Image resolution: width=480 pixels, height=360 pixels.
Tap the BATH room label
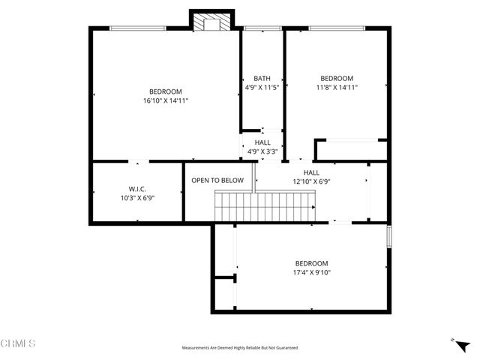coord(262,78)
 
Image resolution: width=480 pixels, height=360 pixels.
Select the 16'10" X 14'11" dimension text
coord(166,100)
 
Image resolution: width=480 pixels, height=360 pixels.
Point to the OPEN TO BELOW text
coord(217,181)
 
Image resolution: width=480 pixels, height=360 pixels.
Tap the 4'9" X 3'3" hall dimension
coord(262,151)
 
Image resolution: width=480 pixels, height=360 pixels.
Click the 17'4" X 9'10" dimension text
coord(311,272)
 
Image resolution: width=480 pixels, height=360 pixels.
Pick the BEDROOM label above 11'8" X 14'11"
coord(337,78)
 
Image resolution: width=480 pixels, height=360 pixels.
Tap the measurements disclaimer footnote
coord(240,348)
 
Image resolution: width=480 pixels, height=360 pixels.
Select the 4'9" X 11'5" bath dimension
coord(262,87)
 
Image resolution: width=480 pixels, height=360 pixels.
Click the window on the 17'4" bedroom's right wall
coord(388,236)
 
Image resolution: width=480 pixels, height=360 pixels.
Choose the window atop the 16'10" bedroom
coord(139,28)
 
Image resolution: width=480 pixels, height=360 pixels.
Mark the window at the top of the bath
coord(262,28)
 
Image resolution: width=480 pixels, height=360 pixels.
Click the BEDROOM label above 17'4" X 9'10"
coord(311,263)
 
